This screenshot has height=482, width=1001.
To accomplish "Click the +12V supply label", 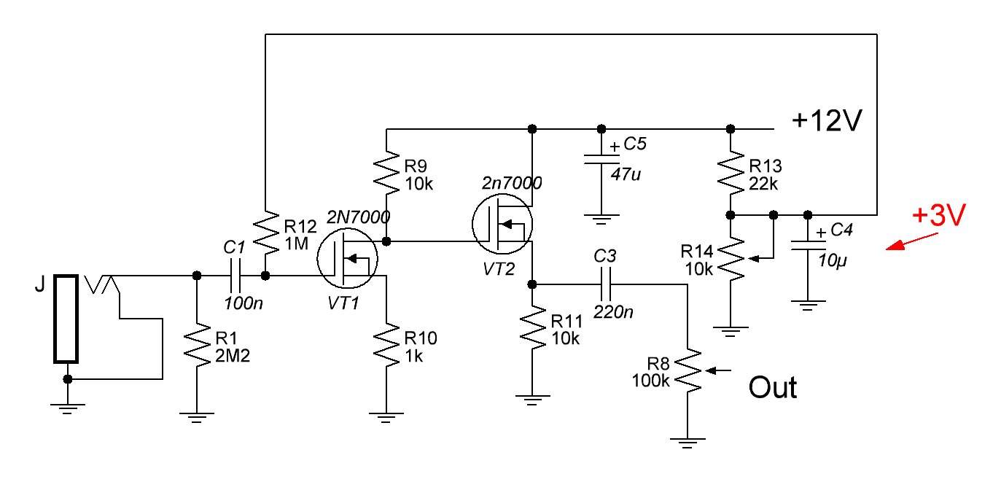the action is [x=826, y=120].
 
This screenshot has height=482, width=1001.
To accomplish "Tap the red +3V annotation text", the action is [x=939, y=214].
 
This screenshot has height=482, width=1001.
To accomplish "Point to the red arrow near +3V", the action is [x=911, y=241].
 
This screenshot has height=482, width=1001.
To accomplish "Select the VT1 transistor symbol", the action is [x=347, y=258].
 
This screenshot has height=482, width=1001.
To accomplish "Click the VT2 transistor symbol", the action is [x=502, y=223].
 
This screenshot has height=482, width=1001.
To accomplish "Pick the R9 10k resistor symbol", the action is [x=386, y=173].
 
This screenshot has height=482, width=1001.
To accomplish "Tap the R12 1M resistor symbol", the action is [x=265, y=233].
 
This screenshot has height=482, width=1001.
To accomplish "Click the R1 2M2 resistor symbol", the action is [x=197, y=345].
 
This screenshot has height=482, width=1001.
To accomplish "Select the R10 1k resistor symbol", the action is [x=386, y=345].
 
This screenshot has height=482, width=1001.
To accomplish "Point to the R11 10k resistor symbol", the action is [x=532, y=327].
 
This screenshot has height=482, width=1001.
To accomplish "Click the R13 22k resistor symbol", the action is [x=731, y=173].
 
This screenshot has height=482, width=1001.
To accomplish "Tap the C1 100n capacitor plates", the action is [x=235, y=276].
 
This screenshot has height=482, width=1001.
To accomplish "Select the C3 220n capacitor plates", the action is [x=606, y=284].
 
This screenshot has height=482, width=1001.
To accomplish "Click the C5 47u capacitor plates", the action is [x=601, y=159].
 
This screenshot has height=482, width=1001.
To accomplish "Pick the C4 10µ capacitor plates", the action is [x=808, y=246].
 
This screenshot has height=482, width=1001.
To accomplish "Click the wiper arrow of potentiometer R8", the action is [x=717, y=370].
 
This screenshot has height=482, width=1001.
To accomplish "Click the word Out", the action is [x=773, y=388].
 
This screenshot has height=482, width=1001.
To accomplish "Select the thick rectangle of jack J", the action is [x=66, y=319].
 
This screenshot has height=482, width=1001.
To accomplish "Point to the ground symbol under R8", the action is [x=688, y=443].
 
